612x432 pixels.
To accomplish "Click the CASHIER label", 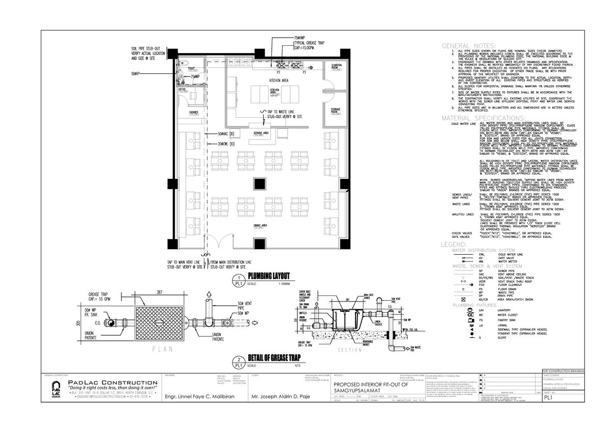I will [x=193, y=112].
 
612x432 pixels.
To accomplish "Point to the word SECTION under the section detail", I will [x=349, y=349].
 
